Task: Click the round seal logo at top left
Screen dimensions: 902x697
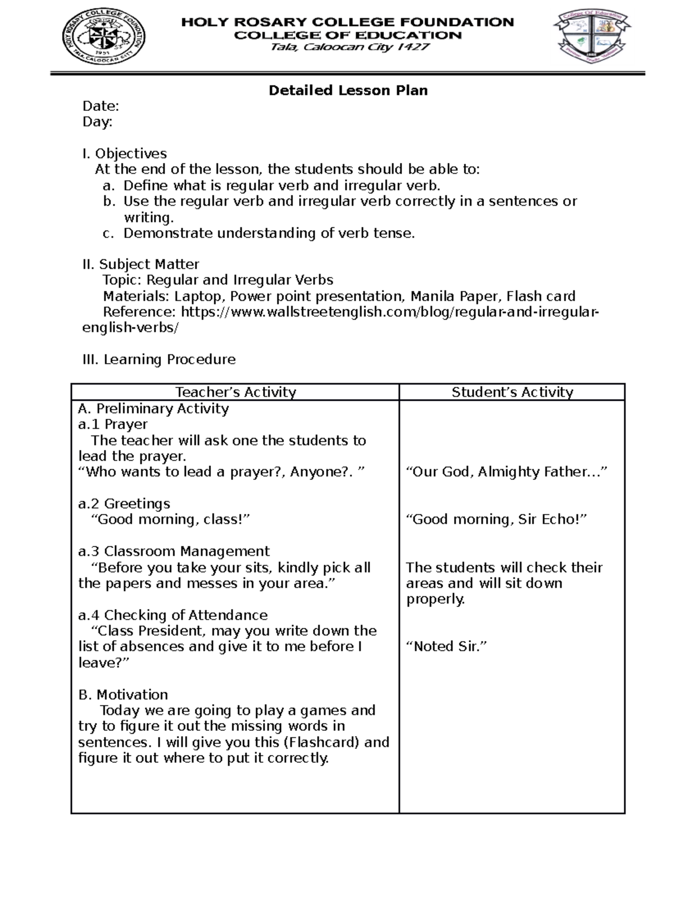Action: pyautogui.click(x=104, y=39)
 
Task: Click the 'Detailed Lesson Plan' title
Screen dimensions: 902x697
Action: pyautogui.click(x=348, y=91)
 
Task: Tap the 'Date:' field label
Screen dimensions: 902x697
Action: pyautogui.click(x=100, y=106)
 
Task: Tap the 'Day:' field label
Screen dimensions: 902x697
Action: pyautogui.click(x=98, y=122)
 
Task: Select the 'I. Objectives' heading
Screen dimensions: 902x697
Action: pyautogui.click(x=124, y=154)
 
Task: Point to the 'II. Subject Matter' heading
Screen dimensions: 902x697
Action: pyautogui.click(x=141, y=265)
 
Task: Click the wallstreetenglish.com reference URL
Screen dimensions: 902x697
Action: pyautogui.click(x=389, y=312)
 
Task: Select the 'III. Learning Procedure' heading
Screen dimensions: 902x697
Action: pyautogui.click(x=159, y=360)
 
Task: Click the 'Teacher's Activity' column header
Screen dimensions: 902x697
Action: pyautogui.click(x=236, y=393)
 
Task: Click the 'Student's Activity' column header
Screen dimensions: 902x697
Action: pyautogui.click(x=512, y=393)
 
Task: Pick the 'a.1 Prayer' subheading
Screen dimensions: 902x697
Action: pyautogui.click(x=113, y=425)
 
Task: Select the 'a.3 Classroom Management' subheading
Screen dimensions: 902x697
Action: pyautogui.click(x=174, y=551)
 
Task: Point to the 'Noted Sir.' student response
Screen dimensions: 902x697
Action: pyautogui.click(x=446, y=646)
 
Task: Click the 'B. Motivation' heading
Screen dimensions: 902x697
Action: pyautogui.click(x=123, y=695)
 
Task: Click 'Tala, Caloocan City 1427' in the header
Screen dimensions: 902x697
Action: pyautogui.click(x=350, y=48)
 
